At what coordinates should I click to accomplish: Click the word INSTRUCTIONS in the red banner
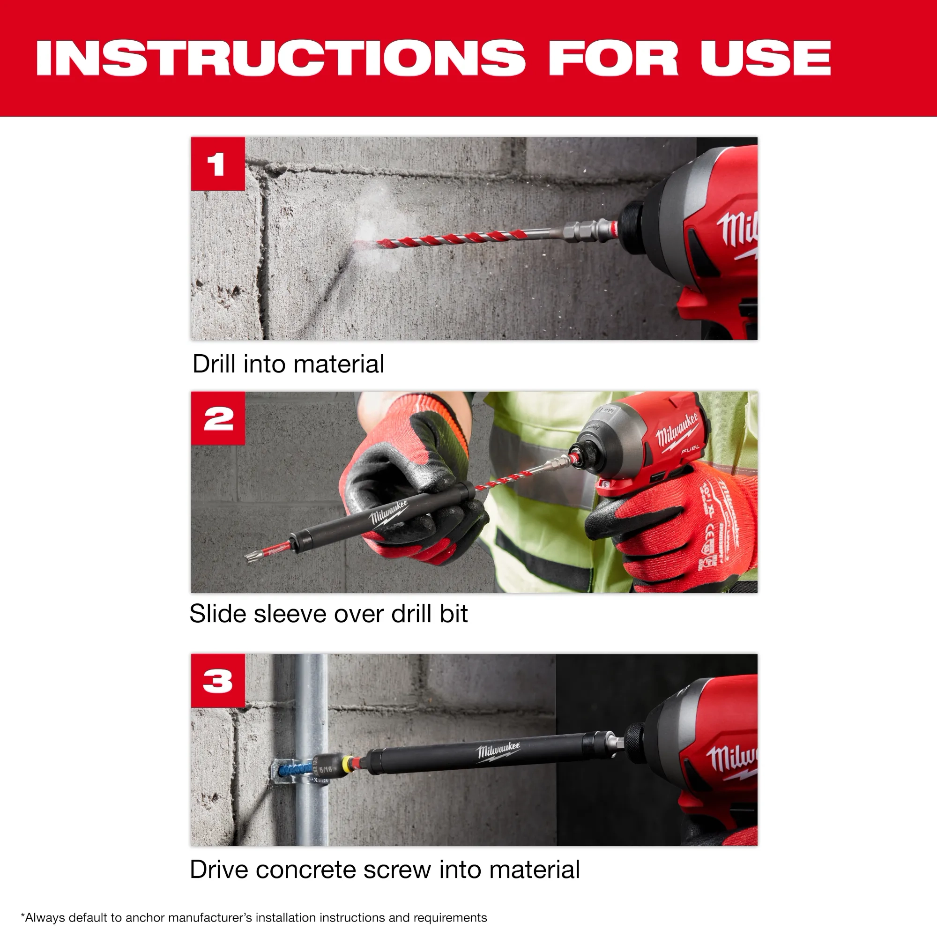[280, 58]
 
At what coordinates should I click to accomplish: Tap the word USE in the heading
[766, 58]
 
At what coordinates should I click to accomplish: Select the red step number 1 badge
[218, 164]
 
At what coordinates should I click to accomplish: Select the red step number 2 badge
[218, 418]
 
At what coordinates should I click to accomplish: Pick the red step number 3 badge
[218, 680]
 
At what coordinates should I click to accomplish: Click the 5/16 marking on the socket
[326, 770]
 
